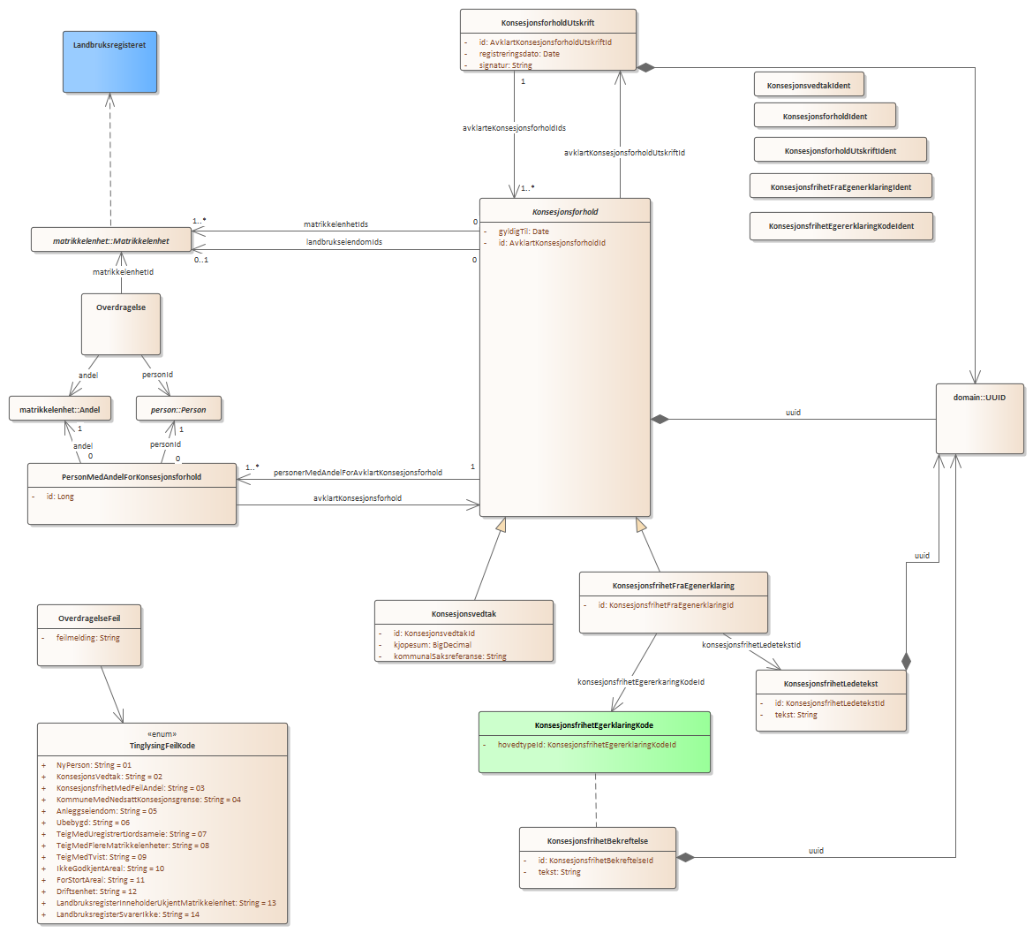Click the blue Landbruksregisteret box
110,62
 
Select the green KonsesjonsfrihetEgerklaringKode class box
594,742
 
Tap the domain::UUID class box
980,419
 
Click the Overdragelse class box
121,324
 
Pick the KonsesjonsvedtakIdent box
809,85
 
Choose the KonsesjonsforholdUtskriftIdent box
841,150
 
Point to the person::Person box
178,409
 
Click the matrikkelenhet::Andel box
60,409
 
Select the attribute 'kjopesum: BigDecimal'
433,645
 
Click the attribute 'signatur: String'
505,65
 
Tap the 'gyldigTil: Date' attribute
524,231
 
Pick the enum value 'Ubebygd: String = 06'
93,823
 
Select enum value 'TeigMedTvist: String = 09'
102,856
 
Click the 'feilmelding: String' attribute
88,638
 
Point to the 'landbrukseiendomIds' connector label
344,242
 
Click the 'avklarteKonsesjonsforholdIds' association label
514,128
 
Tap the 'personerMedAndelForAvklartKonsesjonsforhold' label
358,472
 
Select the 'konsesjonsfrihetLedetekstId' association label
751,644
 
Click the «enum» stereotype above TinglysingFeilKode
162,734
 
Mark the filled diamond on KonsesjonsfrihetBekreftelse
686,857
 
